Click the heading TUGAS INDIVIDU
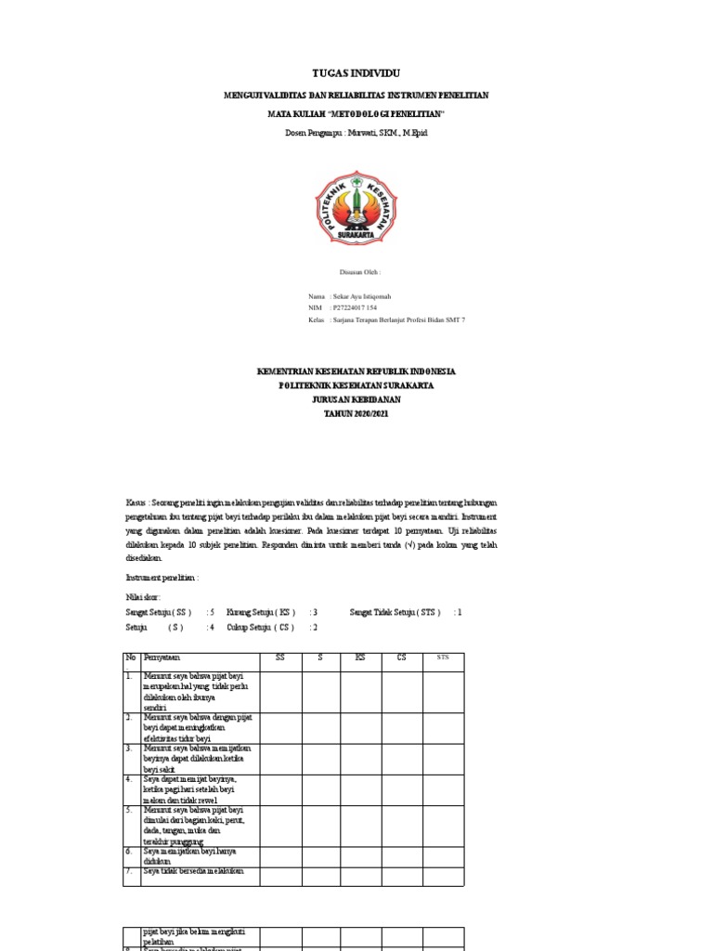[356, 73]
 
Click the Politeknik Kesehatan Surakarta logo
[356, 206]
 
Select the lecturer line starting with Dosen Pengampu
[356, 133]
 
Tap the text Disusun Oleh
[361, 272]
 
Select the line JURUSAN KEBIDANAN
[356, 398]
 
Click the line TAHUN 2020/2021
[356, 412]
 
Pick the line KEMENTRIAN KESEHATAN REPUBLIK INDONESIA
[356, 371]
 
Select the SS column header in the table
[280, 658]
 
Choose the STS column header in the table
[442, 658]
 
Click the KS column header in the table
[360, 658]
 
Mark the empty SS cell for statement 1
[280, 692]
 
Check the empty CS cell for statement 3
[401, 758]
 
